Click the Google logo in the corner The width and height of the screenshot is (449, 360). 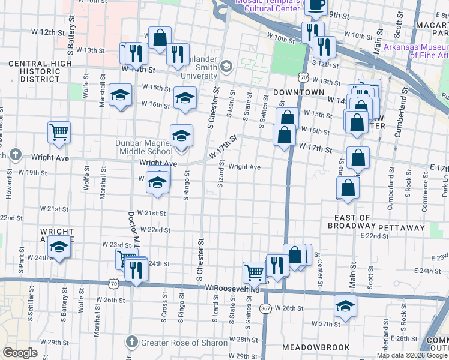point(20,353)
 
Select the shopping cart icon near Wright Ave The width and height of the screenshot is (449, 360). point(59,133)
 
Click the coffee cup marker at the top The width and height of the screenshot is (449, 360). point(316,5)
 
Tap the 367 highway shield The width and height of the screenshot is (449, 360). point(265,308)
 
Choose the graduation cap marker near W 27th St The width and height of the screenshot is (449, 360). point(345,305)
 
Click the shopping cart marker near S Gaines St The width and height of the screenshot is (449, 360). point(254,273)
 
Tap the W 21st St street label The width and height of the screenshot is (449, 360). point(151,213)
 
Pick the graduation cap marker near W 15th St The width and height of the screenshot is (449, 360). point(120,95)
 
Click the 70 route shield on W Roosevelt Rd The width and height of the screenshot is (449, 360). point(114,282)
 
